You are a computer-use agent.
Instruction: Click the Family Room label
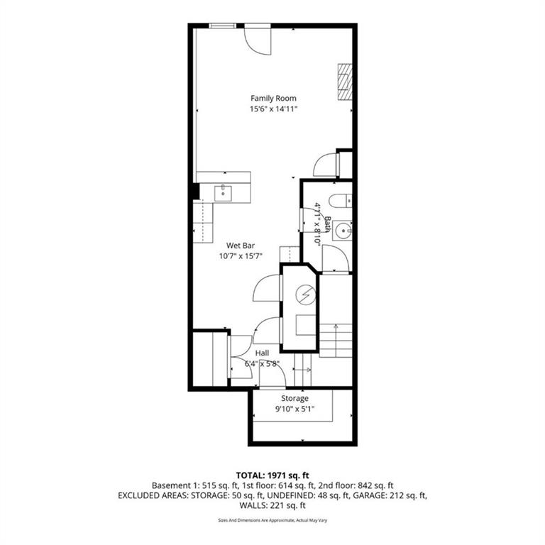pos(273,99)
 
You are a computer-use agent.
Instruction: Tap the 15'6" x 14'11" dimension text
pos(273,109)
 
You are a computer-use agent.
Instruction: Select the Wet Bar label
pos(241,246)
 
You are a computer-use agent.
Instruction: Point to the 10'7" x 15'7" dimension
pos(241,256)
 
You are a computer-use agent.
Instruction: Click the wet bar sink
pos(223,193)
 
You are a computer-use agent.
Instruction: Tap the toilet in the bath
pos(341,202)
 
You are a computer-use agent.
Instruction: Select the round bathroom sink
pos(343,231)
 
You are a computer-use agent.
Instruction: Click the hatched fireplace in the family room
pos(346,82)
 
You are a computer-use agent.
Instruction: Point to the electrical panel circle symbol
pos(306,295)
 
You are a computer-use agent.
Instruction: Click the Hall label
pos(262,353)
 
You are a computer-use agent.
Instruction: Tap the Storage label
pos(294,398)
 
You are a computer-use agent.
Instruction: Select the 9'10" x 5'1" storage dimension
pos(294,409)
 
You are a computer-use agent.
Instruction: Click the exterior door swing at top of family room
pos(258,39)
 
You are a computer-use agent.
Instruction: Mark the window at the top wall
pos(223,26)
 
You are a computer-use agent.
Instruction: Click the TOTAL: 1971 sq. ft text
pos(272,475)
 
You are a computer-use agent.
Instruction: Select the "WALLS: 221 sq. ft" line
pos(272,505)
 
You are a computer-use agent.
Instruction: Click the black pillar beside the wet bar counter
pos(197,192)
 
